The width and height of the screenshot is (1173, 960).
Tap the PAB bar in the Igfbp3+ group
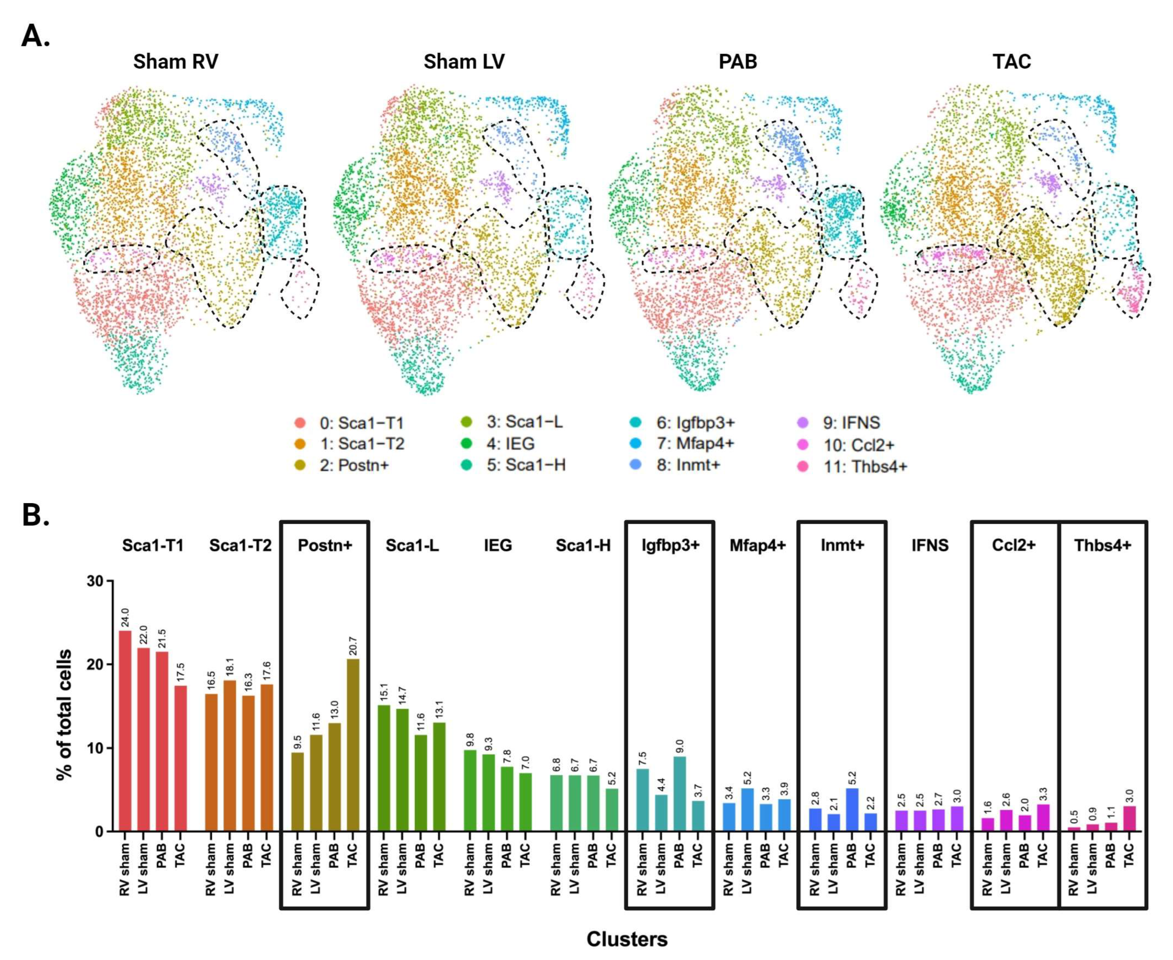(679, 794)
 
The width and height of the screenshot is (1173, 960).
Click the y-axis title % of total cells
(65, 714)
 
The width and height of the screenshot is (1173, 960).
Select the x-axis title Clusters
(627, 939)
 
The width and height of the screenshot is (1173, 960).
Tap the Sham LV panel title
(464, 61)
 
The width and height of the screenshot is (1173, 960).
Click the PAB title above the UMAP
(738, 61)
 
